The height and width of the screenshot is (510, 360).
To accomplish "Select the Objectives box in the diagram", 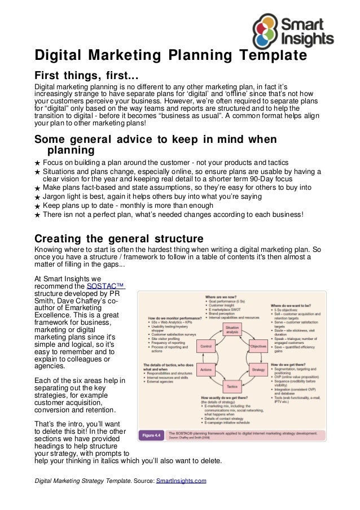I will (x=258, y=346).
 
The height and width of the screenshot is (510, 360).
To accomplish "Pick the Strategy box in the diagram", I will (x=258, y=369).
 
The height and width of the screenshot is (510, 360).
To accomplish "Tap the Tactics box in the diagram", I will (x=232, y=386).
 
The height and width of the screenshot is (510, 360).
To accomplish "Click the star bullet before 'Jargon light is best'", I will (x=37, y=197).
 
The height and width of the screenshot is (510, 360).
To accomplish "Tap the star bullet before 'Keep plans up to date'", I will (x=37, y=206).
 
